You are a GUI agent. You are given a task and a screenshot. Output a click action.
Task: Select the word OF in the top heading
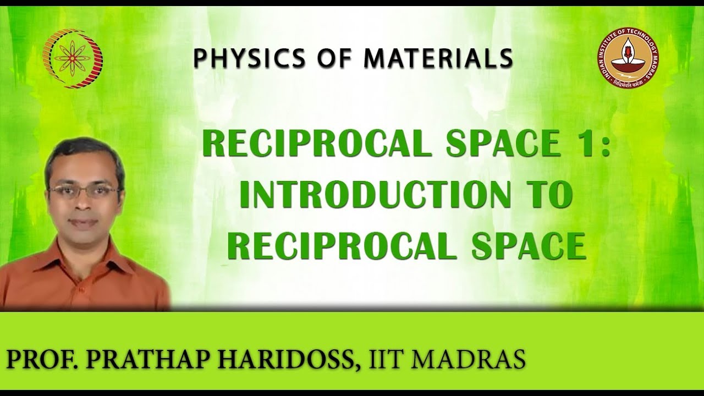[x=313, y=58]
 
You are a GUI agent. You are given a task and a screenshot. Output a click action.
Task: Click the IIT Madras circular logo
[x=627, y=59]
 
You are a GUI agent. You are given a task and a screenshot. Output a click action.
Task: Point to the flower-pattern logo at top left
[x=73, y=58]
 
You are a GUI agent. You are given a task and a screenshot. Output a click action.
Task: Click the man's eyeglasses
[x=83, y=191]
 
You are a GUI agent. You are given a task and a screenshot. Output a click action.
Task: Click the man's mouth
[x=84, y=222]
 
